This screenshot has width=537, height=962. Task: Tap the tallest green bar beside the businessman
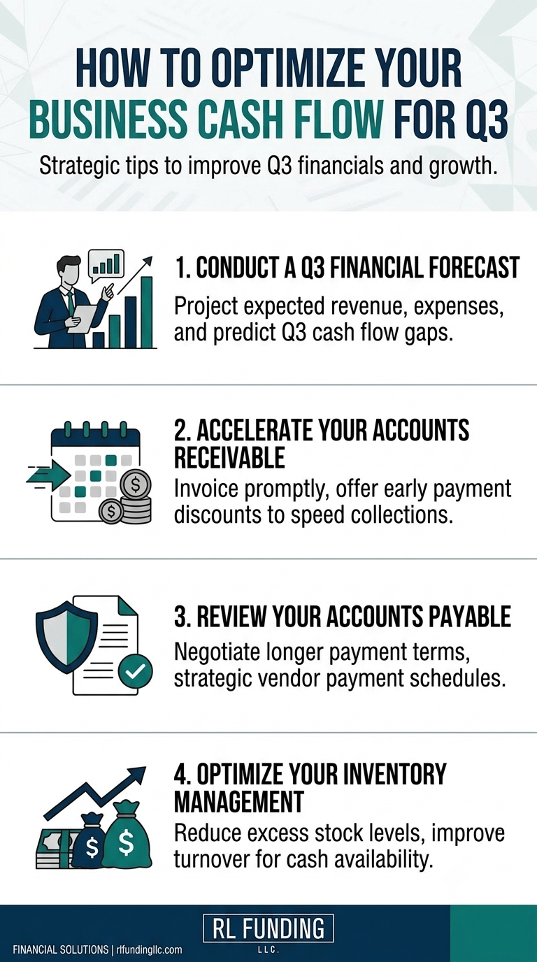coord(147,312)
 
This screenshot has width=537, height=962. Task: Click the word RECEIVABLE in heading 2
coord(229,457)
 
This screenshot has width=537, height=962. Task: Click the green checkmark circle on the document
coord(135,670)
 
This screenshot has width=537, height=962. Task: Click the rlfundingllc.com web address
coord(149,949)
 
